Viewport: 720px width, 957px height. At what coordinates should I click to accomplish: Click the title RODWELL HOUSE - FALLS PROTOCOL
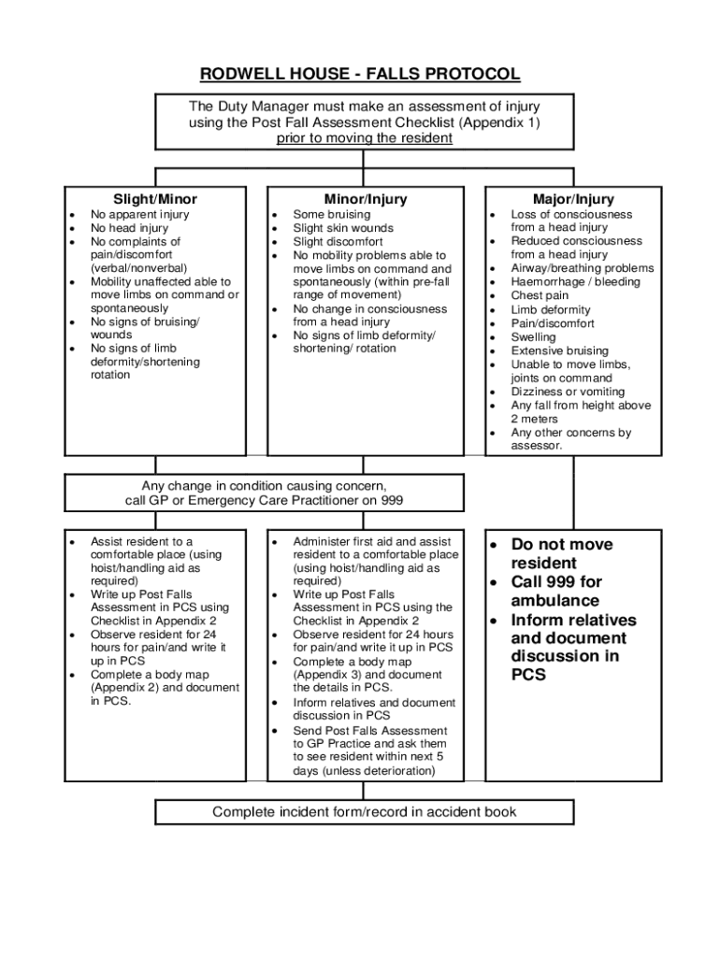[x=360, y=74]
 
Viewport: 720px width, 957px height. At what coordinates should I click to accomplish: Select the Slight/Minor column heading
[x=155, y=199]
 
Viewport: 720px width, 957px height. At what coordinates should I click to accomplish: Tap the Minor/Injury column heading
[x=366, y=199]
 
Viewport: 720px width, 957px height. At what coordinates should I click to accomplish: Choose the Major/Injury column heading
[x=573, y=199]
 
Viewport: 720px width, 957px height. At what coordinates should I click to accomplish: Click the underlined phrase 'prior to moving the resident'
[x=365, y=137]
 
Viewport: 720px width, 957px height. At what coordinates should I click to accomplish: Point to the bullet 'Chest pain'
[x=540, y=296]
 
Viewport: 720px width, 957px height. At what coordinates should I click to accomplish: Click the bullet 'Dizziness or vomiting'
[x=568, y=393]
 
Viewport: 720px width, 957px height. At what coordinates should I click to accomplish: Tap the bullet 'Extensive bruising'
[x=559, y=351]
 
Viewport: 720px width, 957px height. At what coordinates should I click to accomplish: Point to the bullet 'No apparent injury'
[x=139, y=215]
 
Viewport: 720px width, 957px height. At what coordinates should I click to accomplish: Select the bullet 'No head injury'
[x=129, y=228]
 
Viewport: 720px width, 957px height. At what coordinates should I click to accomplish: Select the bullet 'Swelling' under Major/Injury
[x=533, y=337]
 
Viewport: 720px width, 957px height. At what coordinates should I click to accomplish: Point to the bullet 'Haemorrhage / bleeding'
[x=575, y=282]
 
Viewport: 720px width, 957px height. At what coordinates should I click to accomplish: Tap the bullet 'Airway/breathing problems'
[x=582, y=269]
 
